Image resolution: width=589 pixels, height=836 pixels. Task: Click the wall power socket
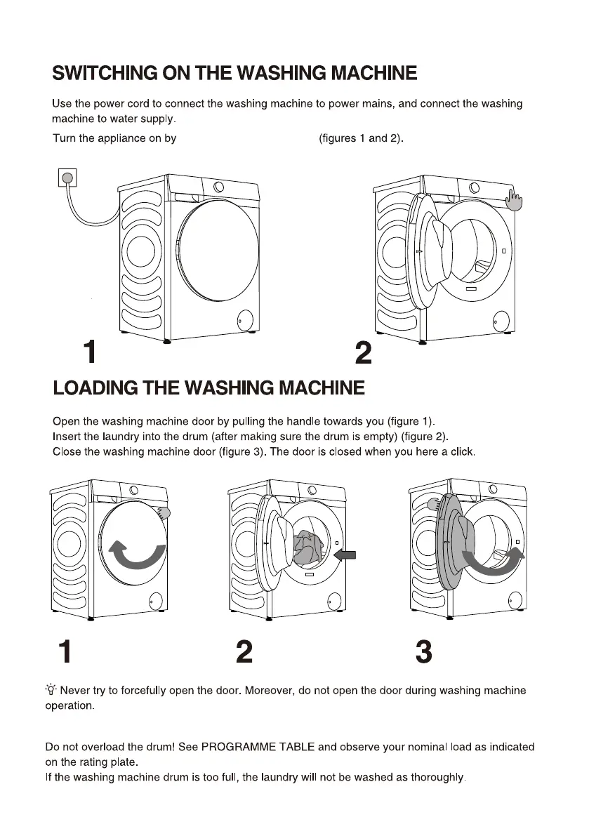[x=67, y=178]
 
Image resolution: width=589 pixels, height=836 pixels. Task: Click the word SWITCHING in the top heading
[x=105, y=73]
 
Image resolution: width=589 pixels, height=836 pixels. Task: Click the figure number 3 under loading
[x=424, y=652]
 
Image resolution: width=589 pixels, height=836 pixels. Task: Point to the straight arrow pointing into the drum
[x=346, y=555]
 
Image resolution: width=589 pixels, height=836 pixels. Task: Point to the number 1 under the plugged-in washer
[x=89, y=352]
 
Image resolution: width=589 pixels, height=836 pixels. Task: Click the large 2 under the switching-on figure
[x=363, y=353]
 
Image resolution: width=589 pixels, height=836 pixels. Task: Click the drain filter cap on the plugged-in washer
[x=244, y=319]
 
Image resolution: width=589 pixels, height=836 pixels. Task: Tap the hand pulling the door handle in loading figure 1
[x=164, y=512]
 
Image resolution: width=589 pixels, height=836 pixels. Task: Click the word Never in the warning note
[x=77, y=691]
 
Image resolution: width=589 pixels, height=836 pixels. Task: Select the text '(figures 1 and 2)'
[x=362, y=138]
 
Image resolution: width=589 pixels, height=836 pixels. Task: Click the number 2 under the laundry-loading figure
[x=244, y=652]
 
